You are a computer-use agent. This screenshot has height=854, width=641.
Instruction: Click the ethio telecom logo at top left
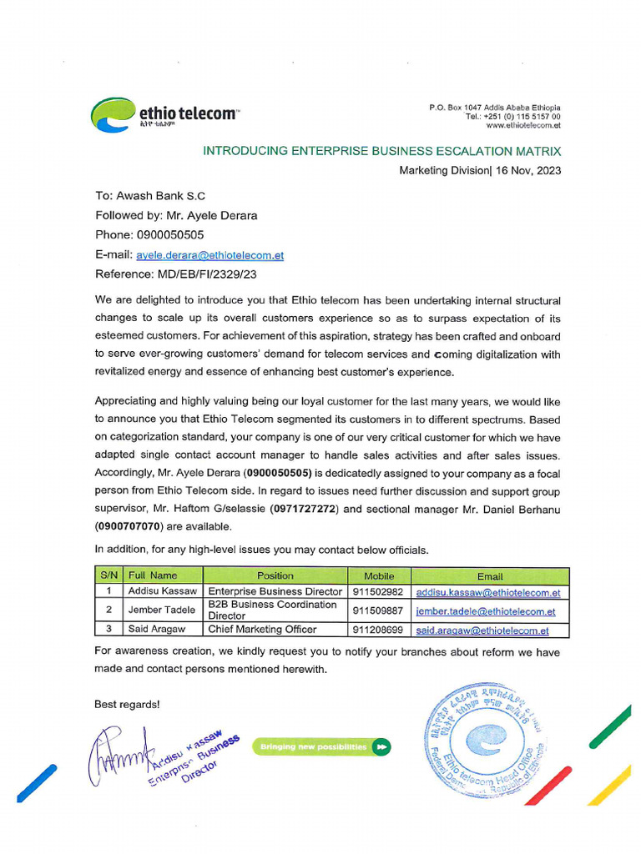tap(164, 115)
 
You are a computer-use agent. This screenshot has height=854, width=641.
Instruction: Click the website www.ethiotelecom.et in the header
tap(522, 126)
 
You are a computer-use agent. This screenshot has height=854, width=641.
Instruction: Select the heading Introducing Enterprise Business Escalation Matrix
tap(382, 151)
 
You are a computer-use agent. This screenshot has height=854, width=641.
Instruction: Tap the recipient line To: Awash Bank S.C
tap(150, 197)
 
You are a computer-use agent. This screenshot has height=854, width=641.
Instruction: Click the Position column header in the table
tap(275, 575)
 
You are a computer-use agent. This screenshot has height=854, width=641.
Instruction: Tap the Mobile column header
tap(379, 575)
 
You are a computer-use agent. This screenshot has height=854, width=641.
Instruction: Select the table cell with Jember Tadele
tap(161, 610)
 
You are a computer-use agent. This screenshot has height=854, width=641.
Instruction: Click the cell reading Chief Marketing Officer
tap(262, 630)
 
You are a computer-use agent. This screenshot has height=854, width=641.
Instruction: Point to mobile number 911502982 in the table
tap(377, 592)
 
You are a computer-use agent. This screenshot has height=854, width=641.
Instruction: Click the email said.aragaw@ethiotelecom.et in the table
tap(482, 630)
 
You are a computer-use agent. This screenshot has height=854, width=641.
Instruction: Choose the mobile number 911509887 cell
tap(377, 610)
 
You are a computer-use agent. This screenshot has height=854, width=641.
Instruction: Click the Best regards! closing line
tap(127, 704)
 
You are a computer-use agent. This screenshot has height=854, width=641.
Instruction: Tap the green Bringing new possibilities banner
tap(320, 746)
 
